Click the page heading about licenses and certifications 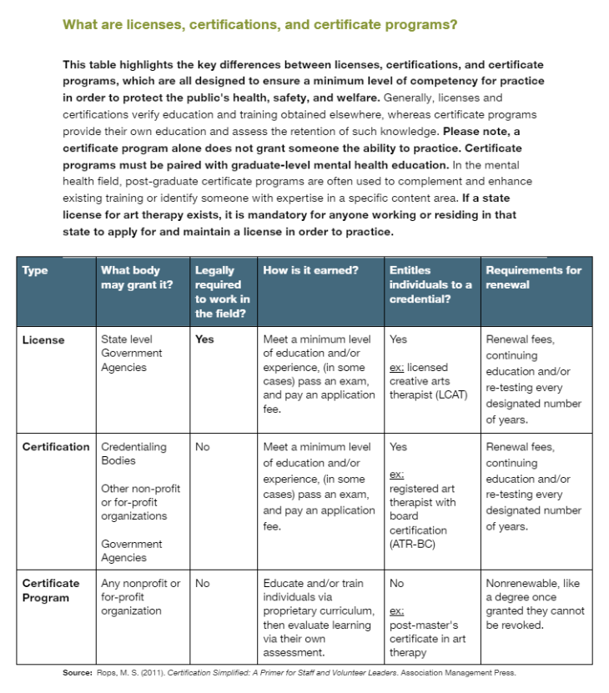coord(259,25)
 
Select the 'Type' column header coord(35,270)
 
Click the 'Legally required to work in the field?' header coord(222,292)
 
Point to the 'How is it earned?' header coord(311,270)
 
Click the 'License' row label coord(43,339)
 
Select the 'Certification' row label coord(55,446)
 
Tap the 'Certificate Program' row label coord(51,590)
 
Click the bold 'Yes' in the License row coord(204,339)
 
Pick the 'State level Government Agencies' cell coord(132,353)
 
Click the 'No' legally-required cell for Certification coord(203,446)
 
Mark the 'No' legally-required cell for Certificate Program coord(203,583)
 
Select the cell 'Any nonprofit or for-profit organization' coord(140,597)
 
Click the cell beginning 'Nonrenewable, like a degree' coord(534,604)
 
